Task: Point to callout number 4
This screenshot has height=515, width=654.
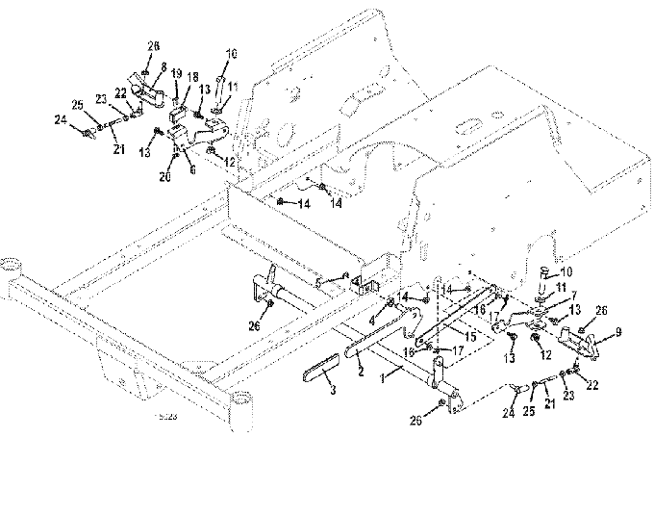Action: click(372, 322)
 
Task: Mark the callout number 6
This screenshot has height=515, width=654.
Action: click(192, 169)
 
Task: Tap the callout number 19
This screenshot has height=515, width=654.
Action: click(176, 73)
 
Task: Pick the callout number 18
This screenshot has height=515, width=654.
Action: click(192, 76)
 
